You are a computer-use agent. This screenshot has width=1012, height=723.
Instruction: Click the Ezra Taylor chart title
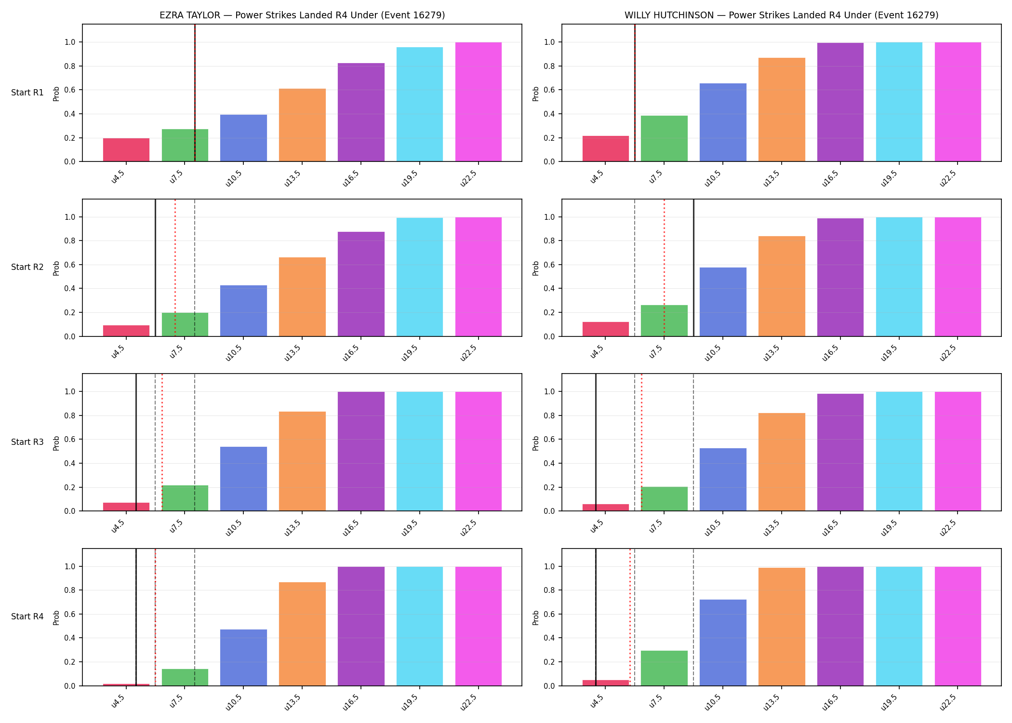coord(302,15)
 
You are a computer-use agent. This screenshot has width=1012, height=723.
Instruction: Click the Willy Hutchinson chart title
coord(782,15)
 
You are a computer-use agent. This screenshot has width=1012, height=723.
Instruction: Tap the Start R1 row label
coord(27,93)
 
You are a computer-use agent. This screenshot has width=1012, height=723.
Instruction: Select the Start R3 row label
coord(27,442)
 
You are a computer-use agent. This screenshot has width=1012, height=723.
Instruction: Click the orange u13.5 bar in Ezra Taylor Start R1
coord(302,125)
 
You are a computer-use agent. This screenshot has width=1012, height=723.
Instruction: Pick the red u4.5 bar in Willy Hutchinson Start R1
coord(606,148)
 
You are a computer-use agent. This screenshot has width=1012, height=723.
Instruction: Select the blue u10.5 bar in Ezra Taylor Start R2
coord(243,311)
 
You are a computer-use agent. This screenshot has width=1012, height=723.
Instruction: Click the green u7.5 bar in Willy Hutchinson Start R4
coord(664,668)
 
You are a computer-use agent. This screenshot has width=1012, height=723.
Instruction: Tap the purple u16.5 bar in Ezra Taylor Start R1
coord(361,112)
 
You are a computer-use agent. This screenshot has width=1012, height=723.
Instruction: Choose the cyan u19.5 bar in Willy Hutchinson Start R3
coord(899,451)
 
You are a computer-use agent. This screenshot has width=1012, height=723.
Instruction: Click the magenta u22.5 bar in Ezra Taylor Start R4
coord(479,626)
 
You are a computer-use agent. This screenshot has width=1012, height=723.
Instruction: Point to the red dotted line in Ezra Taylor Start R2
coord(175,268)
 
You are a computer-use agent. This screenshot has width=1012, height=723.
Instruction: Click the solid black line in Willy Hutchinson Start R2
coord(693,268)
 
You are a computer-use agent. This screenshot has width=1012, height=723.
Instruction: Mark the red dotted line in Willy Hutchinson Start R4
coord(630,617)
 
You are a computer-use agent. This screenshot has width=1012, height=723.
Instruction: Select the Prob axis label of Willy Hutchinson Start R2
coord(536,268)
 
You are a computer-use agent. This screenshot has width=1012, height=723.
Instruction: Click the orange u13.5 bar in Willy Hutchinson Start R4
coord(782,627)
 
